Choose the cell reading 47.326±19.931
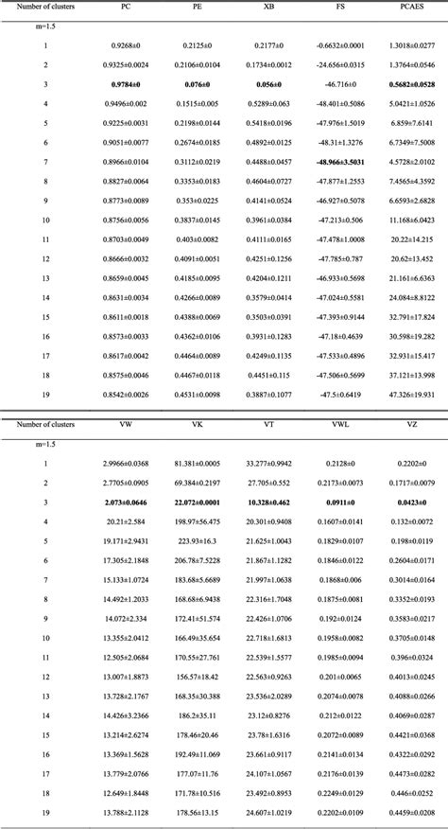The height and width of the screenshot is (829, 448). [x=411, y=393]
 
